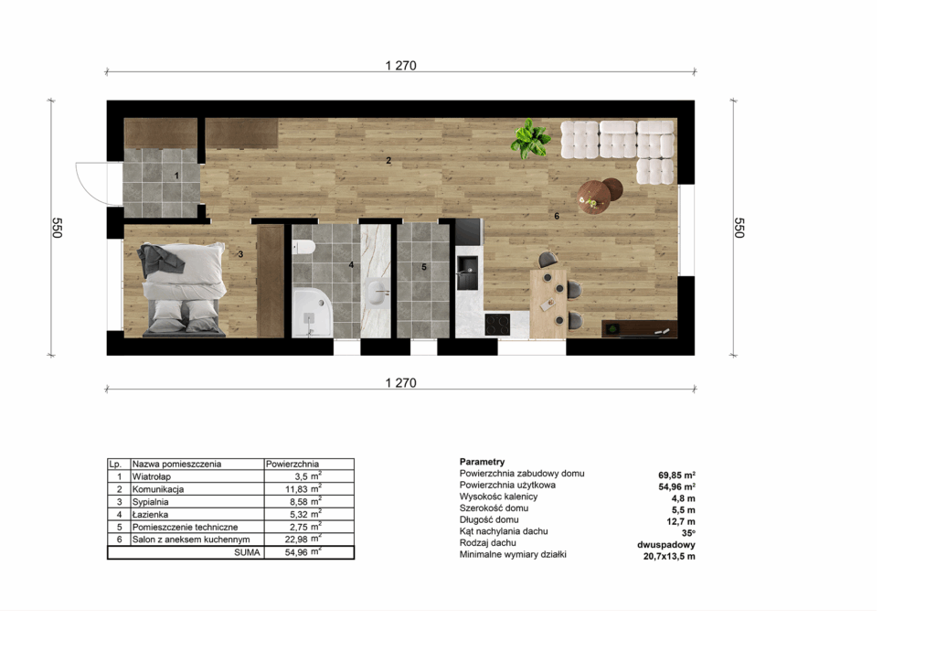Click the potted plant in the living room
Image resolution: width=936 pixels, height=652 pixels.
click(x=530, y=138)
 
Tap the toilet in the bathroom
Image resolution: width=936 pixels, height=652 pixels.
click(x=303, y=246)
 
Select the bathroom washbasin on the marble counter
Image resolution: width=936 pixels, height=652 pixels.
click(x=376, y=293)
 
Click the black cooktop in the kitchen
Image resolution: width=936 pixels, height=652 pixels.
click(x=497, y=325)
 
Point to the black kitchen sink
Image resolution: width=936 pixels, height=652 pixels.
click(x=467, y=273)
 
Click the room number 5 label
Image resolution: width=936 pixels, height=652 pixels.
click(x=424, y=267)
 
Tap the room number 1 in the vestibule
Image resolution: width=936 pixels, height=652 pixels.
click(x=176, y=176)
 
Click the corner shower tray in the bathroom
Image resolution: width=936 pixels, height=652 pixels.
click(x=313, y=312)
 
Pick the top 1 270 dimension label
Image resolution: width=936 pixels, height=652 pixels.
click(x=400, y=66)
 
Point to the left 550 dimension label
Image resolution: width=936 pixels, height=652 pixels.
click(x=57, y=228)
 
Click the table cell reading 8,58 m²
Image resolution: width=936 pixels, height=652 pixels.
click(x=303, y=501)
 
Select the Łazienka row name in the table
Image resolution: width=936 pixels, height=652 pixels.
click(x=151, y=514)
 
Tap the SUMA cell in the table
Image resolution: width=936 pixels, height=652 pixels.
click(x=247, y=552)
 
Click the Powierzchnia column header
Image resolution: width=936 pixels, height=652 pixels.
click(x=292, y=464)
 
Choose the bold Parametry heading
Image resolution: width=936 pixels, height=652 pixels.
click(x=483, y=462)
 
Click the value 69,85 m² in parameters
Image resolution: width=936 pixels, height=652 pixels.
click(x=677, y=476)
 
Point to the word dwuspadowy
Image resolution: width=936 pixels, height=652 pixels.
click(x=666, y=544)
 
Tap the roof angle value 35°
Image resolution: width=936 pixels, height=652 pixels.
click(x=688, y=533)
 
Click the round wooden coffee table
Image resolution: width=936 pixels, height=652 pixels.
click(x=593, y=197)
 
